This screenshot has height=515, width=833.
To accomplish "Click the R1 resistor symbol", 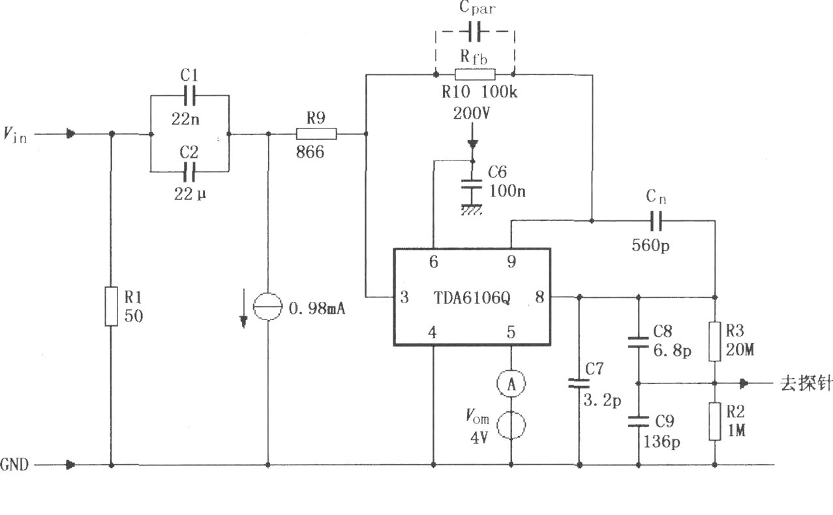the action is coord(111,306).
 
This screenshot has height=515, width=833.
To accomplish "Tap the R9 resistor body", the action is coord(316,134).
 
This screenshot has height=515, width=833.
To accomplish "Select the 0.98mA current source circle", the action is coord(267,306).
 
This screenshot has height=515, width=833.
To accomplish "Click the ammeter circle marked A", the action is coord(511,383).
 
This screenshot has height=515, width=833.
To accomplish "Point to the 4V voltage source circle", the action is coord(511,426).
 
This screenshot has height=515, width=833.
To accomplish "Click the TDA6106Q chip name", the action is coord(472,298).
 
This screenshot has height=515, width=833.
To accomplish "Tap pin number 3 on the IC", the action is coord(404,297).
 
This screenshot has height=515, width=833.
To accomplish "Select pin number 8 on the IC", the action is coord(539,297).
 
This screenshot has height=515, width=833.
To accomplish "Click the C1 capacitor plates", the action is coord(190,96).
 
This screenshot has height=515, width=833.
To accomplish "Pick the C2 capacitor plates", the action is coord(189,171).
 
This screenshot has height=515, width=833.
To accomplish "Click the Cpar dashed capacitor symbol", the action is coord(474,31).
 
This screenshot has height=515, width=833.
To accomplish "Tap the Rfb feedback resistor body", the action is coord(475,74).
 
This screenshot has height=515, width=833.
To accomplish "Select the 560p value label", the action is coord(650,245).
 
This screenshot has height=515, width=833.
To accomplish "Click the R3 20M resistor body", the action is coord(714,342).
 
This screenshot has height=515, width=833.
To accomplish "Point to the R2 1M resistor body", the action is coord(714,421).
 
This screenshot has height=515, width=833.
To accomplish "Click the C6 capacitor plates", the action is coord(472,184).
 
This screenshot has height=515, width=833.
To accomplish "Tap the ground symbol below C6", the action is coord(472,209).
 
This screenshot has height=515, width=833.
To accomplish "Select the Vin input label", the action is coord(15,135).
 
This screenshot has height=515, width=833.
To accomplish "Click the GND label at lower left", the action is coord(14,464).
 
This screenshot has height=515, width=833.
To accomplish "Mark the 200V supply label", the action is coord(472,113).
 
